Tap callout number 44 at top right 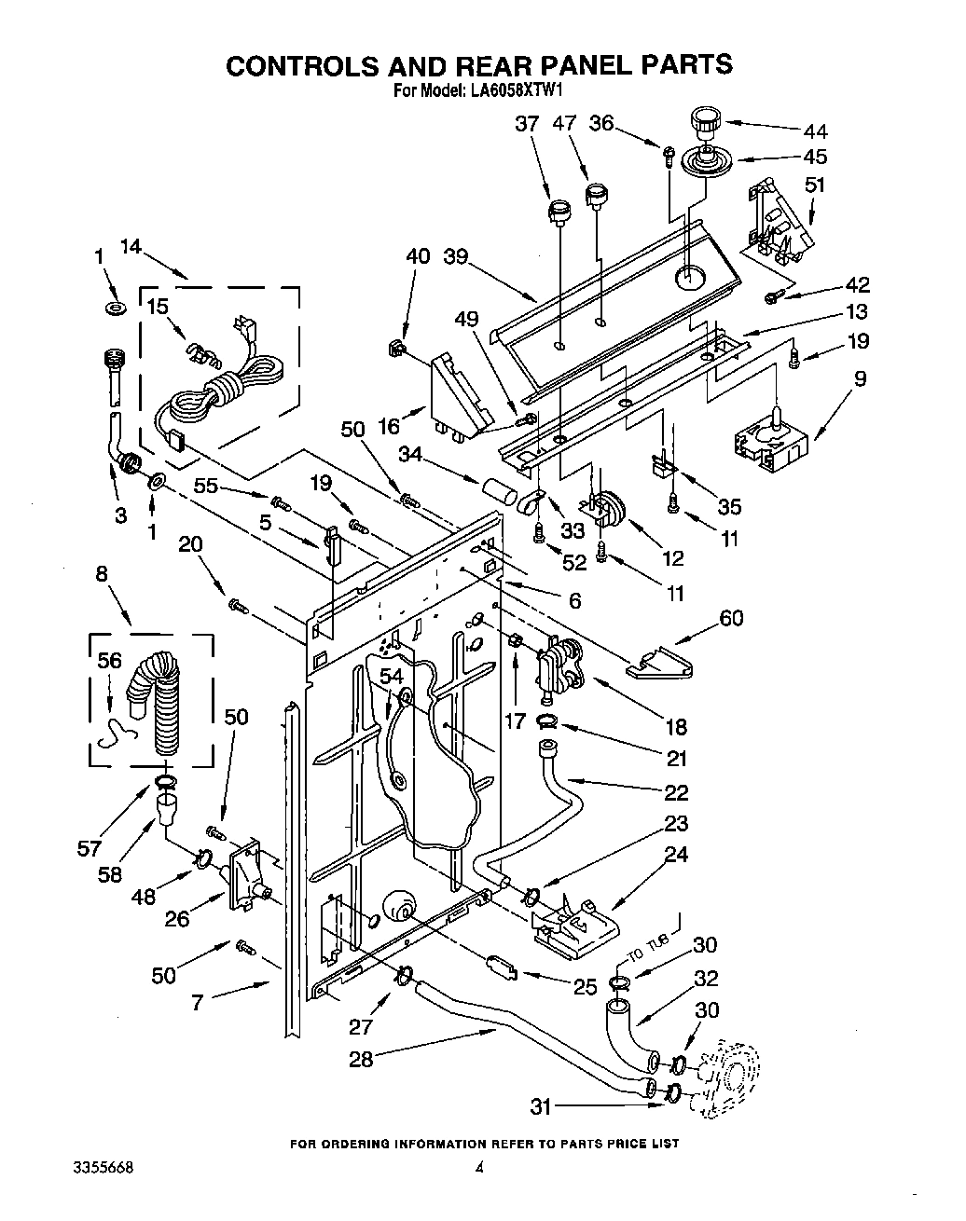tap(815, 131)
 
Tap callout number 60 tap(731, 617)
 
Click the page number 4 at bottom tap(479, 1167)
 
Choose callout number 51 tap(815, 185)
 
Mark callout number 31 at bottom tap(541, 1106)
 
